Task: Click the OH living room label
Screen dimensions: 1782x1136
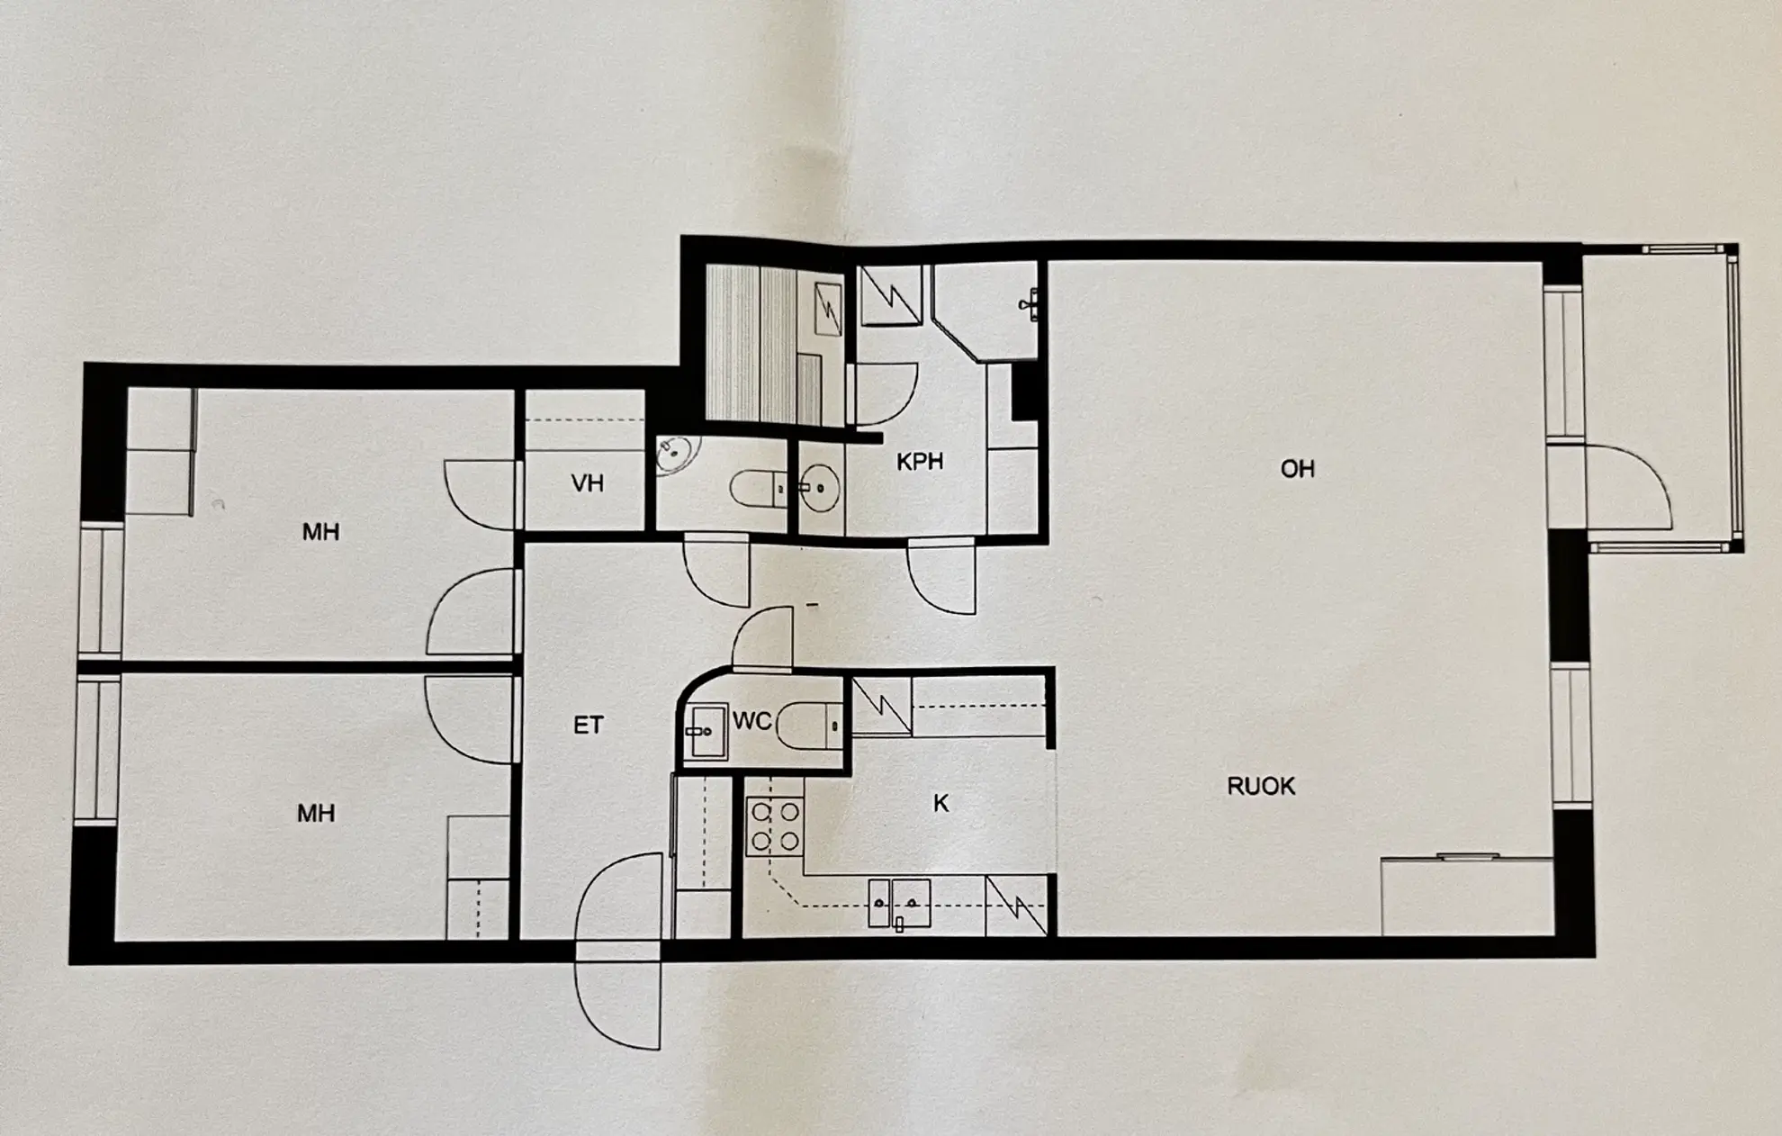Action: click(x=1297, y=468)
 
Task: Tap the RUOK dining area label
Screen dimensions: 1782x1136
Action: click(x=1261, y=786)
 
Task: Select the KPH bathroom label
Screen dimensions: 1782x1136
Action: click(x=920, y=461)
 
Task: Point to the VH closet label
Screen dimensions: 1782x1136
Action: click(x=587, y=483)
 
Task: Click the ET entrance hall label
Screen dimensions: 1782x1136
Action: click(x=588, y=725)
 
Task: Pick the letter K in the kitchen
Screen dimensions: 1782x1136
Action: click(x=940, y=803)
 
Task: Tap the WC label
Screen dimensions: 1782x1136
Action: click(x=751, y=720)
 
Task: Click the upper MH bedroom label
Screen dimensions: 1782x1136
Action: click(x=320, y=531)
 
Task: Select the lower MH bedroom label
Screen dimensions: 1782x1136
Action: click(x=316, y=813)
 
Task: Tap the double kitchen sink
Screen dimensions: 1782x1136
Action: click(x=899, y=903)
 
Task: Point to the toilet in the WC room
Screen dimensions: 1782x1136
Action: click(x=808, y=725)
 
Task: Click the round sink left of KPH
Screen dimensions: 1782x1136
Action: click(x=819, y=488)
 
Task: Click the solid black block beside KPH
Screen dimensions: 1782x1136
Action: click(x=1024, y=391)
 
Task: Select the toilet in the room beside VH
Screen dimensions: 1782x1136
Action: click(x=758, y=490)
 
